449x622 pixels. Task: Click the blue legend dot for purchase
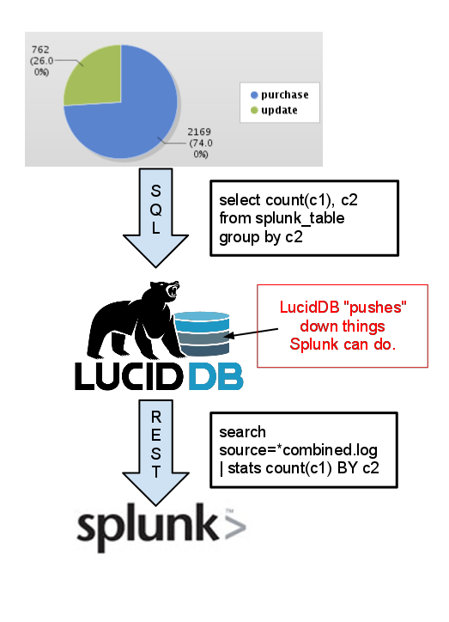point(254,95)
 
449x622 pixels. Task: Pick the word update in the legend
point(279,110)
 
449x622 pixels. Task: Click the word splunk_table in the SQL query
point(300,218)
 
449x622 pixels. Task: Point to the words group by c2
point(261,237)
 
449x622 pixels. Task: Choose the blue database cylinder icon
point(202,333)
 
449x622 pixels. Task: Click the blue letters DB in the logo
point(215,376)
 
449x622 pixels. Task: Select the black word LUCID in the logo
point(129,376)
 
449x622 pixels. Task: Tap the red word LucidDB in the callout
point(309,308)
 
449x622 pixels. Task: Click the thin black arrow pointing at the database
point(252,332)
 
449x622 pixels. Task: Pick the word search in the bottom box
point(243,432)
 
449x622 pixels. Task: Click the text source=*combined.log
point(298,450)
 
